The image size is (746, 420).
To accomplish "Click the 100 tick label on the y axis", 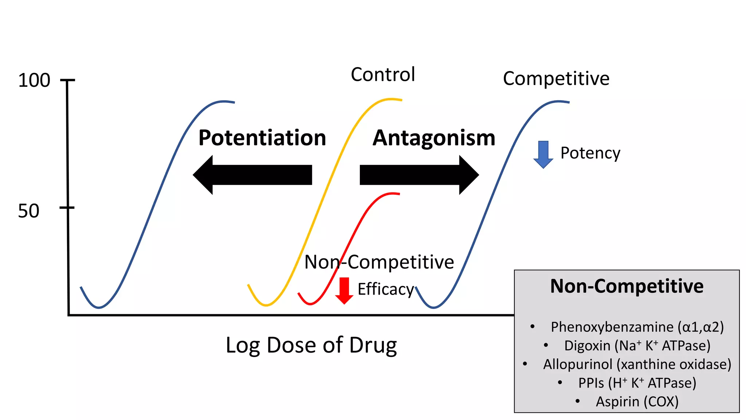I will tap(34, 81).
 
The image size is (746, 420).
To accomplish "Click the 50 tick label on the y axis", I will tap(28, 211).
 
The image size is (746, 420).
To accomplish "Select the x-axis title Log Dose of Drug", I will tap(311, 345).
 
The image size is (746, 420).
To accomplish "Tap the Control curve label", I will tap(383, 75).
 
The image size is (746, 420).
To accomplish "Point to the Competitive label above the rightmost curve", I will tap(556, 79).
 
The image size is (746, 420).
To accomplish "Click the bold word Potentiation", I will tap(262, 138).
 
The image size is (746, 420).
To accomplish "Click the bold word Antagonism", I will tap(434, 138).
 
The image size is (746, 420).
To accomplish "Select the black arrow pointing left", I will tap(252, 175).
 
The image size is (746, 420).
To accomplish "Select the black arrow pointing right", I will tap(419, 175).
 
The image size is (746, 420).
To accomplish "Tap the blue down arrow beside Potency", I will tap(543, 154).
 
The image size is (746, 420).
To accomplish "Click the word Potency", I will tap(590, 153).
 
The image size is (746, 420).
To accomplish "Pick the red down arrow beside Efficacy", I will tap(344, 290).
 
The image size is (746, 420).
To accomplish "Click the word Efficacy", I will tap(386, 289).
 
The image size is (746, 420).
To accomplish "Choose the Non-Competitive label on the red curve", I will tap(379, 262).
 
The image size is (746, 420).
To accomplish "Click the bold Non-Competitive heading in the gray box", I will tap(627, 286).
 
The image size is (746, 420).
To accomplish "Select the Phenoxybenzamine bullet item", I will tap(637, 327).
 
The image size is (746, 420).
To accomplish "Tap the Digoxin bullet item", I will tap(637, 346).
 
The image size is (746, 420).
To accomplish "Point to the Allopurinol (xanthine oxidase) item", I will tap(637, 364).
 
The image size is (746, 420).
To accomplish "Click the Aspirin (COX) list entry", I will tap(637, 401).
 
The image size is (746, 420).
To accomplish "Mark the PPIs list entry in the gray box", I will tap(637, 383).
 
